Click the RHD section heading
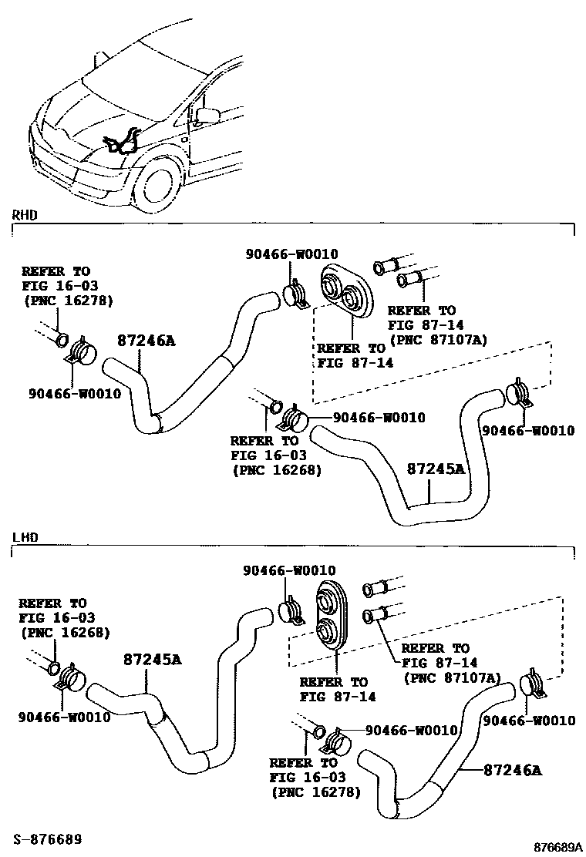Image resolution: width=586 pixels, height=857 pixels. (25, 215)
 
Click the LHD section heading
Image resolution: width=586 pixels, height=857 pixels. (25, 536)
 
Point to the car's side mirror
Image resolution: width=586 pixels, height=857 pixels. (207, 116)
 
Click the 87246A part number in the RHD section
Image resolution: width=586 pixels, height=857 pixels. (146, 341)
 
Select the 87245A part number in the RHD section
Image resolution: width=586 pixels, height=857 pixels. (436, 469)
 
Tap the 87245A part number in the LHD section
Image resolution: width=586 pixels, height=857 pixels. (152, 660)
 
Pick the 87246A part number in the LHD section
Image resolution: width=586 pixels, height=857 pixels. (513, 769)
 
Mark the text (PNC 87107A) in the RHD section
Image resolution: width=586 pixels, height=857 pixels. (438, 338)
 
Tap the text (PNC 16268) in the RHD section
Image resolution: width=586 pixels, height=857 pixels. (275, 469)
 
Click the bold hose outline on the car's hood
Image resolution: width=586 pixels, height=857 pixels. (124, 143)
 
